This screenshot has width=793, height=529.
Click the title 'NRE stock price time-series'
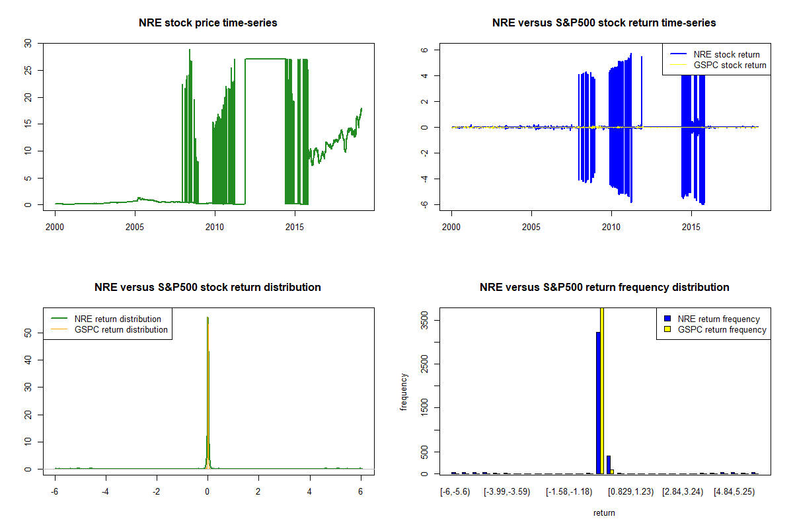point(208,23)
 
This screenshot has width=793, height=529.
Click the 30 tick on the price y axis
point(27,43)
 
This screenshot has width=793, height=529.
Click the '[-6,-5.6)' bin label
point(455,492)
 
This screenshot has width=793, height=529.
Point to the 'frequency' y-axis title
point(404,392)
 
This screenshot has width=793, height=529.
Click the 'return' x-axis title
point(604,512)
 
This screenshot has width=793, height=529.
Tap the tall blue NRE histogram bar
point(598,403)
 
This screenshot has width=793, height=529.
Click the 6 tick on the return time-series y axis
point(426,50)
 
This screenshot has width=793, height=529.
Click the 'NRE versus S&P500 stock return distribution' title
point(208,287)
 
